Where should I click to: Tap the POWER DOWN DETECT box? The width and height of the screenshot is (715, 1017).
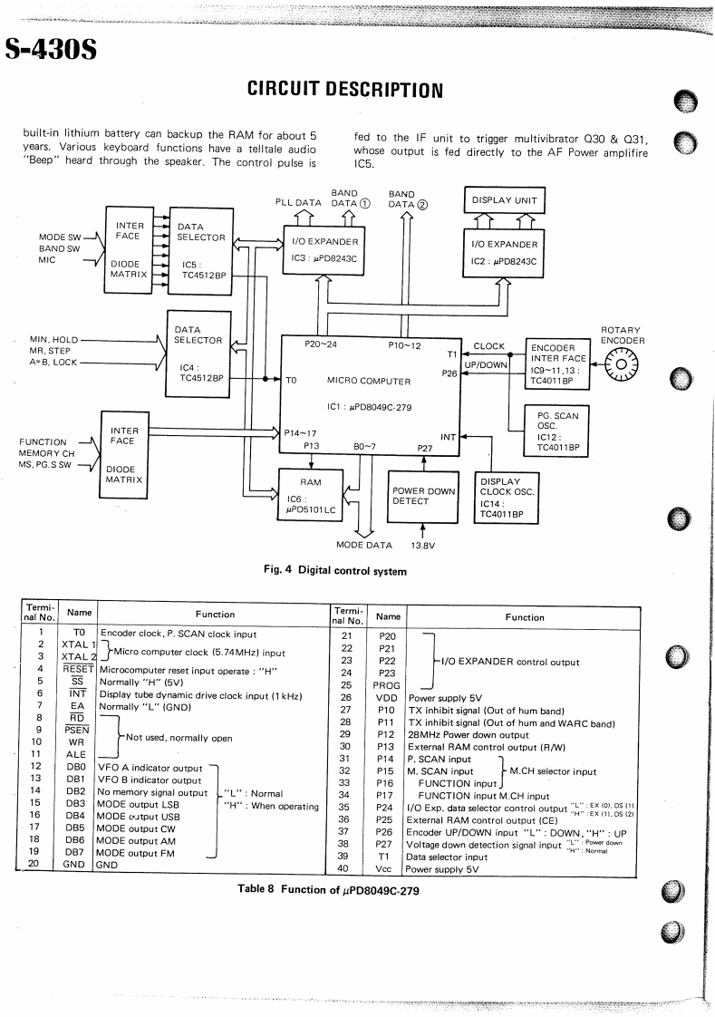tap(422, 496)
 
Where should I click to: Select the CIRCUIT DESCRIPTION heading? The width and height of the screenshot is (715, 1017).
tap(344, 89)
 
